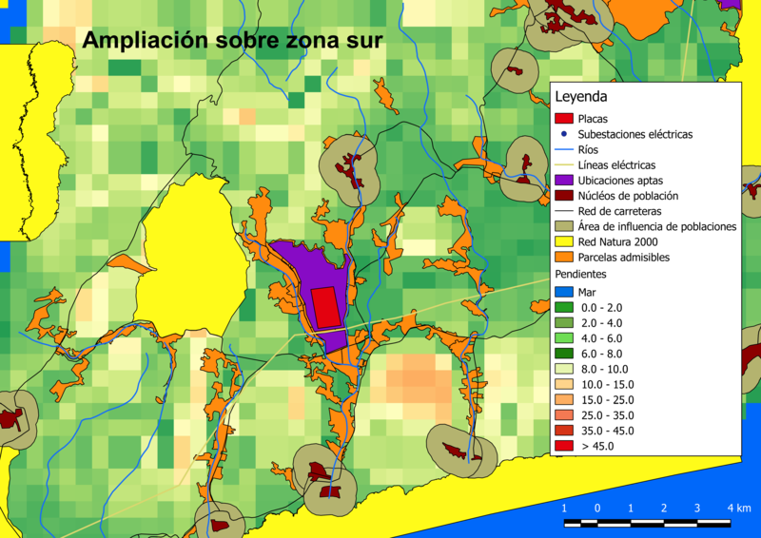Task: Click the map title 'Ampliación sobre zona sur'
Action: pos(232,41)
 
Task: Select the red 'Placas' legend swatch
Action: pos(563,119)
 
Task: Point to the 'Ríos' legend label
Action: pos(589,149)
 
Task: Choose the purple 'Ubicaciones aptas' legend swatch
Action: pos(563,180)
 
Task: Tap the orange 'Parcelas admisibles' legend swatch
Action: pos(563,257)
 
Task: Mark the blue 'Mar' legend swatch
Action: pos(563,292)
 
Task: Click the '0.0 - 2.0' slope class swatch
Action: pos(563,307)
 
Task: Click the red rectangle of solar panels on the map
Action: pos(325,307)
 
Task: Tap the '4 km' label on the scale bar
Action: pos(738,508)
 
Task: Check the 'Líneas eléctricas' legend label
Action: pos(616,164)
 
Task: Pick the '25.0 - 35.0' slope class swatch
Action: pos(563,414)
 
